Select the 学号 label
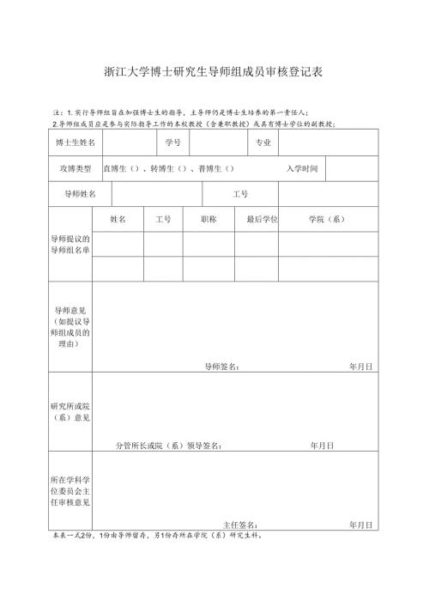click(172, 142)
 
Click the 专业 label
click(263, 142)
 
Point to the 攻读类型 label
click(75, 168)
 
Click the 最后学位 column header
click(262, 219)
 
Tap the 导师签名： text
click(222, 367)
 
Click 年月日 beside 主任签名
click(360, 525)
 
